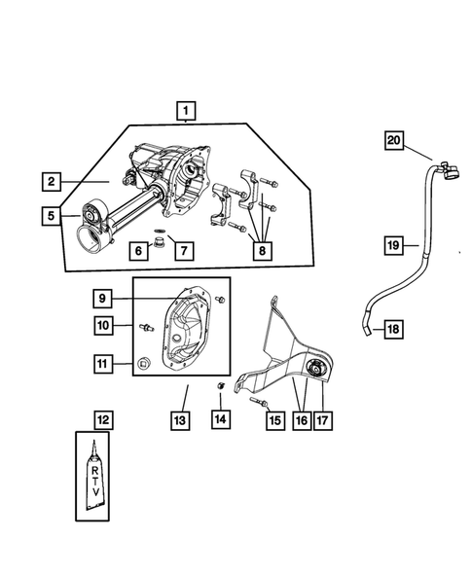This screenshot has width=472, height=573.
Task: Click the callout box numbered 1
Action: [x=185, y=112]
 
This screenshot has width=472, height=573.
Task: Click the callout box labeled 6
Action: [x=139, y=250]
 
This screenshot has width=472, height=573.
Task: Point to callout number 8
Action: [x=260, y=250]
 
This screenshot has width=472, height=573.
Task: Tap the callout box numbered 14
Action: [x=221, y=420]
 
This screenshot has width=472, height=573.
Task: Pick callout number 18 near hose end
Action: [x=391, y=331]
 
